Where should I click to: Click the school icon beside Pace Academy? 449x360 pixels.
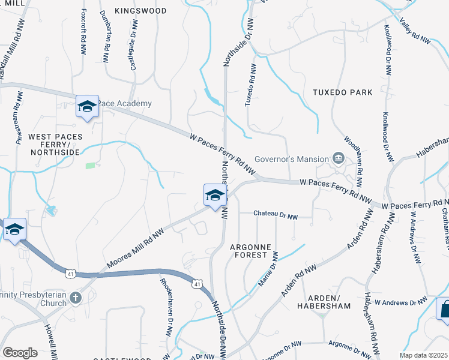(87, 107)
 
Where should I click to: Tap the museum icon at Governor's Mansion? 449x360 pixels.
(339, 159)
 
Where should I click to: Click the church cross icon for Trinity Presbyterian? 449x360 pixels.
(75, 298)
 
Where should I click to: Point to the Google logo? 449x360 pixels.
(20, 352)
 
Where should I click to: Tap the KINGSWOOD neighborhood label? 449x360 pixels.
(140, 11)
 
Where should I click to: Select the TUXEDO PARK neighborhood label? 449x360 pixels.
(342, 92)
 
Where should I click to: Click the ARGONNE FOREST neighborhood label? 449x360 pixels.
(252, 251)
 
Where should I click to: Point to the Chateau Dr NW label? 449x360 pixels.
(276, 214)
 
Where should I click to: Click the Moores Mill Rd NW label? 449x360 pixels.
(136, 247)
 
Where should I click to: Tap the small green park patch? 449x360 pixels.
(91, 165)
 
